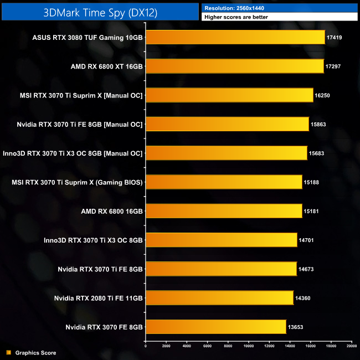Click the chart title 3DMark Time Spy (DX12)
tap(100, 12)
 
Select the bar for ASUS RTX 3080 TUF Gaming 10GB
tap(235, 37)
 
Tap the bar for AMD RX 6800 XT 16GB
tap(234, 66)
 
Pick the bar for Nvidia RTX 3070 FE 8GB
tap(215, 327)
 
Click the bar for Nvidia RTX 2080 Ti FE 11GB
tap(219, 298)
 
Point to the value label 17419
tap(335, 37)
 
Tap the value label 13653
tap(295, 327)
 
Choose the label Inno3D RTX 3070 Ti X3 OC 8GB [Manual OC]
tap(73, 153)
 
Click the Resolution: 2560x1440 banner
tap(280, 8)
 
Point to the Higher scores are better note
tap(280, 17)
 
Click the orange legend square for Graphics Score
tap(8, 352)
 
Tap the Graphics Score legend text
tap(35, 352)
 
